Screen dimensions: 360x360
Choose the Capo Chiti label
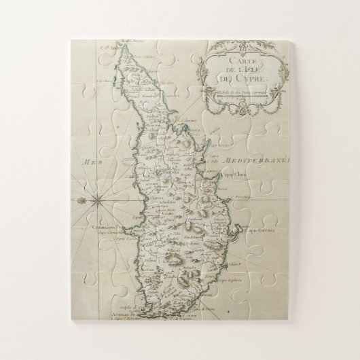tap(232, 178)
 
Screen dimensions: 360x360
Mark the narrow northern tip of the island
tap(116, 52)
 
